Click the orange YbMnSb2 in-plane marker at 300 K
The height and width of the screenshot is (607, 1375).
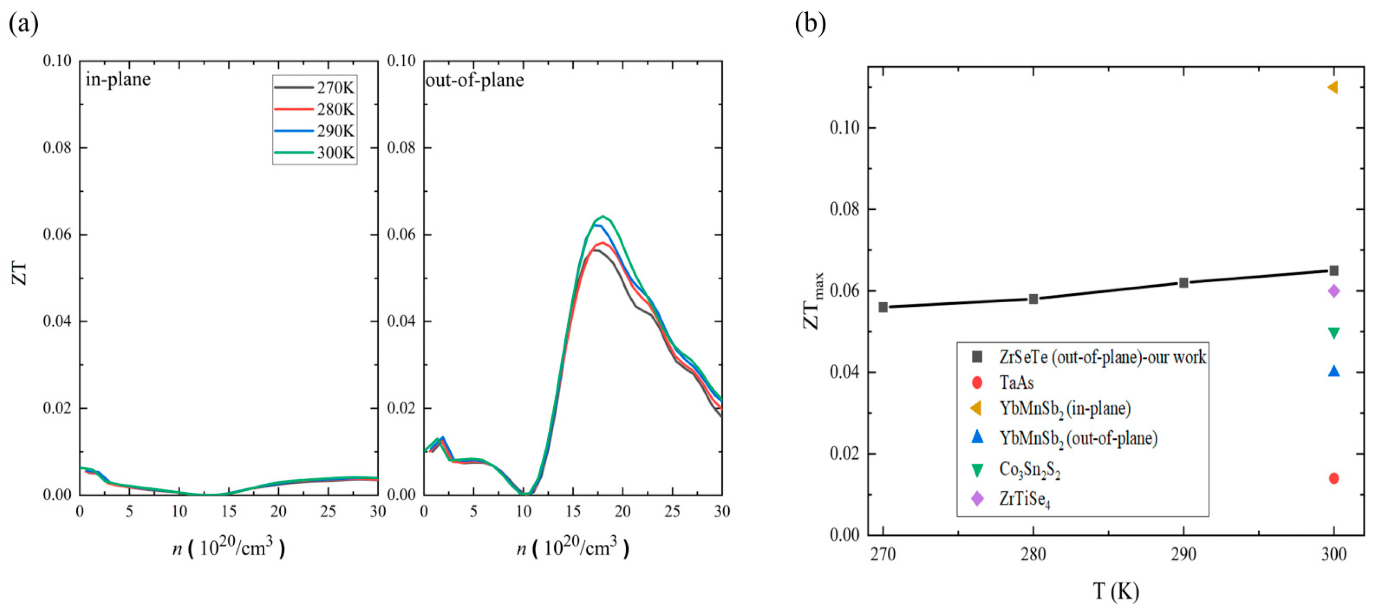tap(1332, 87)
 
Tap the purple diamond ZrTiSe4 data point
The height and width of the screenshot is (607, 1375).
tap(1333, 291)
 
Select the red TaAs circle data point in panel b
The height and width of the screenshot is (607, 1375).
tap(1333, 478)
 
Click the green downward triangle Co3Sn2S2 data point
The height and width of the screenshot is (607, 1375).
tap(1333, 333)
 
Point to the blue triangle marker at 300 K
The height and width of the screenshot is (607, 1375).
tap(1333, 371)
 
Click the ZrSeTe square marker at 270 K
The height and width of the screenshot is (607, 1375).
tap(883, 307)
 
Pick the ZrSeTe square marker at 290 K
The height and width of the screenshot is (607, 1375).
tap(1183, 283)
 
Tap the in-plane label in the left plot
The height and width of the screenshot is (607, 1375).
tap(118, 79)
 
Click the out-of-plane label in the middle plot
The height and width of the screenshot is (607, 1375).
tap(475, 80)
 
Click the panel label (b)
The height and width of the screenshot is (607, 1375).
tap(810, 23)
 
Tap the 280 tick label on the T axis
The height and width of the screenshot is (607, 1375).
tap(1033, 555)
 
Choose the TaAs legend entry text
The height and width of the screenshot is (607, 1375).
tap(1016, 383)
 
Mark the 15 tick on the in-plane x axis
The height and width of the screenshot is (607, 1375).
tap(228, 511)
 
